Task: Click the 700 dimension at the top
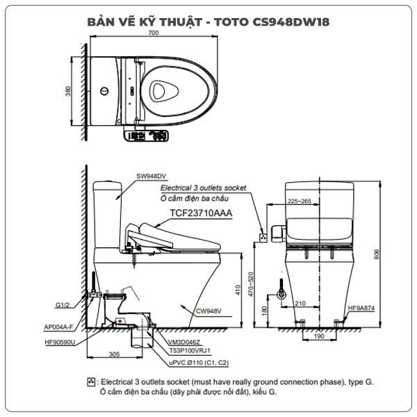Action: pyautogui.click(x=154, y=33)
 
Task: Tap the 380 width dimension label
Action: pyautogui.click(x=68, y=91)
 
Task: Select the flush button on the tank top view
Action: pyautogui.click(x=104, y=91)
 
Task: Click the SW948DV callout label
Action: pyautogui.click(x=151, y=176)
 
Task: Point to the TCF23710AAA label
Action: pyautogui.click(x=201, y=213)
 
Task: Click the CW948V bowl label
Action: pyautogui.click(x=208, y=311)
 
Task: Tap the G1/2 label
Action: pyautogui.click(x=63, y=305)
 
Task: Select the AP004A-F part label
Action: pyautogui.click(x=58, y=327)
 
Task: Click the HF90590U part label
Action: pyautogui.click(x=60, y=342)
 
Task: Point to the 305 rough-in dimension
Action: pyautogui.click(x=114, y=354)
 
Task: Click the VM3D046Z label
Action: pyautogui.click(x=183, y=342)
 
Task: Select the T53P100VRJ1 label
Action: pyautogui.click(x=190, y=351)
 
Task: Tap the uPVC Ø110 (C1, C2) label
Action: pyautogui.click(x=199, y=363)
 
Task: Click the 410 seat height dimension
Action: pyautogui.click(x=238, y=290)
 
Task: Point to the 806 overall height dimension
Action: pyautogui.click(x=376, y=254)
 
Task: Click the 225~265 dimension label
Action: pyautogui.click(x=300, y=201)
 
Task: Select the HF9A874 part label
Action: pyautogui.click(x=361, y=308)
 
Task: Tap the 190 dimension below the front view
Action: pyautogui.click(x=319, y=336)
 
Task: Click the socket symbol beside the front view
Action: pyautogui.click(x=263, y=238)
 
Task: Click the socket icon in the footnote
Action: pyautogui.click(x=91, y=382)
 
